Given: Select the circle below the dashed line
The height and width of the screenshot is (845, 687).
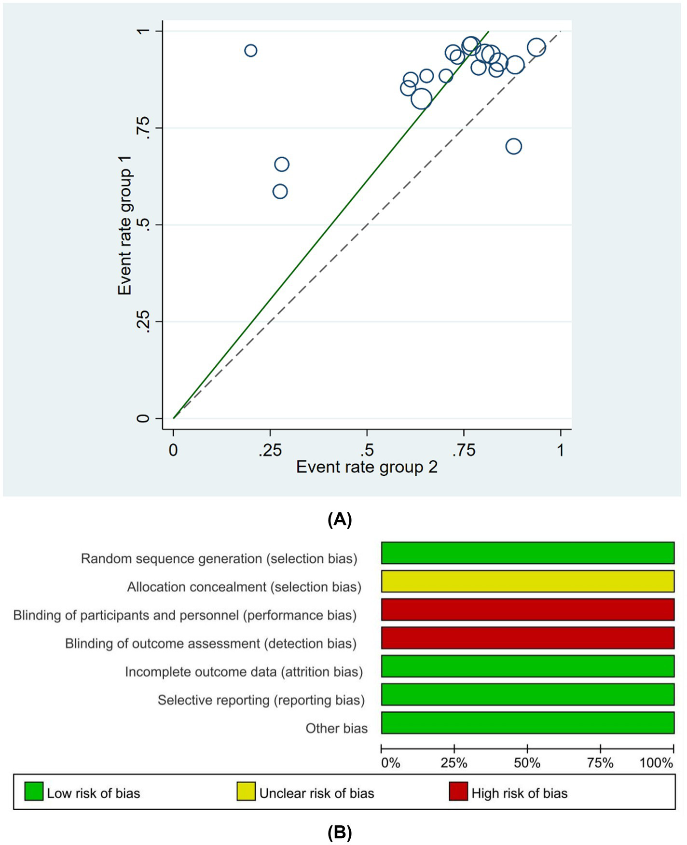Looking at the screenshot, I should [x=513, y=146].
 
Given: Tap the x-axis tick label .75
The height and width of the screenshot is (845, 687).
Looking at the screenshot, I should [x=464, y=450].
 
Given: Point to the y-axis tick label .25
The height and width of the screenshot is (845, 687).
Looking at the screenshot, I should [x=143, y=322].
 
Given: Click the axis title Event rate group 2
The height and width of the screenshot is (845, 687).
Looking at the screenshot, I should [x=367, y=467].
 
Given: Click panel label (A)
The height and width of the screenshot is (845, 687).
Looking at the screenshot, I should [x=340, y=519].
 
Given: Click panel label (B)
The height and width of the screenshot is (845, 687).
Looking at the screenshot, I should [x=340, y=832].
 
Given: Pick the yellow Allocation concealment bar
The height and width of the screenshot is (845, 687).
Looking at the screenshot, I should [x=527, y=581].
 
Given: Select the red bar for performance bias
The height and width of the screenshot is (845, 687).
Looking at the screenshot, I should [x=527, y=610].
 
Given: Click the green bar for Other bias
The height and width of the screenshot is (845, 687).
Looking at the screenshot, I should [x=527, y=722].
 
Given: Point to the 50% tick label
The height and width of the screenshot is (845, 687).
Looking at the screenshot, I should [x=527, y=763].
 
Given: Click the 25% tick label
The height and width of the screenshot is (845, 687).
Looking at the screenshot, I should [x=454, y=763].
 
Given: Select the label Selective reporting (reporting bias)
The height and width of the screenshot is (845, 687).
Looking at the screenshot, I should [x=261, y=700].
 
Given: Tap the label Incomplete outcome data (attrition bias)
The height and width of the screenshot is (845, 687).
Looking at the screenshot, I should [x=244, y=672].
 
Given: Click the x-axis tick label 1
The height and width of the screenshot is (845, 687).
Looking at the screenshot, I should [x=561, y=450].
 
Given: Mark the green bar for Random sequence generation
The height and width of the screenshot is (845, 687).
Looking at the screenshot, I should [x=527, y=553].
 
